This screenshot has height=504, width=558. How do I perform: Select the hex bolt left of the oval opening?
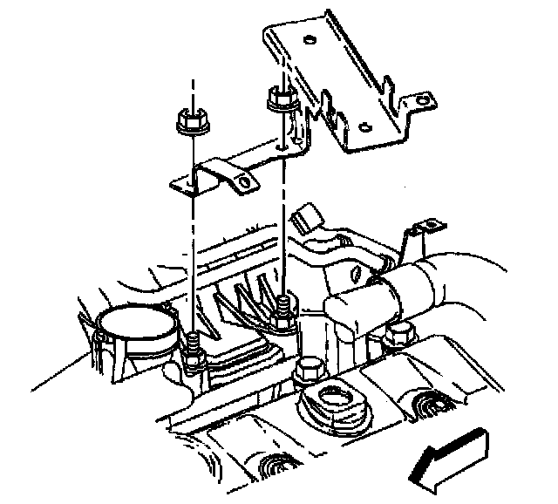pos(309,371)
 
